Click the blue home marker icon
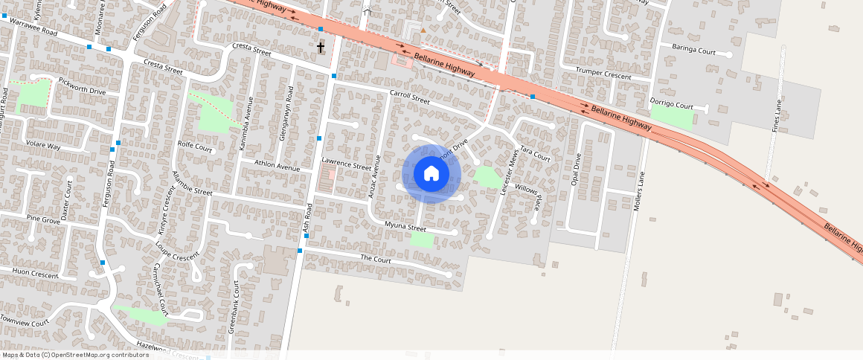pyautogui.click(x=431, y=174)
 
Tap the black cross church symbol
pyautogui.click(x=321, y=48)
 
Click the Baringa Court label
pyautogui.click(x=693, y=51)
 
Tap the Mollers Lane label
pyautogui.click(x=638, y=189)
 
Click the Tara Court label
pyautogui.click(x=535, y=153)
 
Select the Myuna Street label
pyautogui.click(x=405, y=226)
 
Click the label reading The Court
pyautogui.click(x=375, y=259)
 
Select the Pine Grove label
pyautogui.click(x=43, y=219)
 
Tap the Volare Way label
pyautogui.click(x=43, y=145)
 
